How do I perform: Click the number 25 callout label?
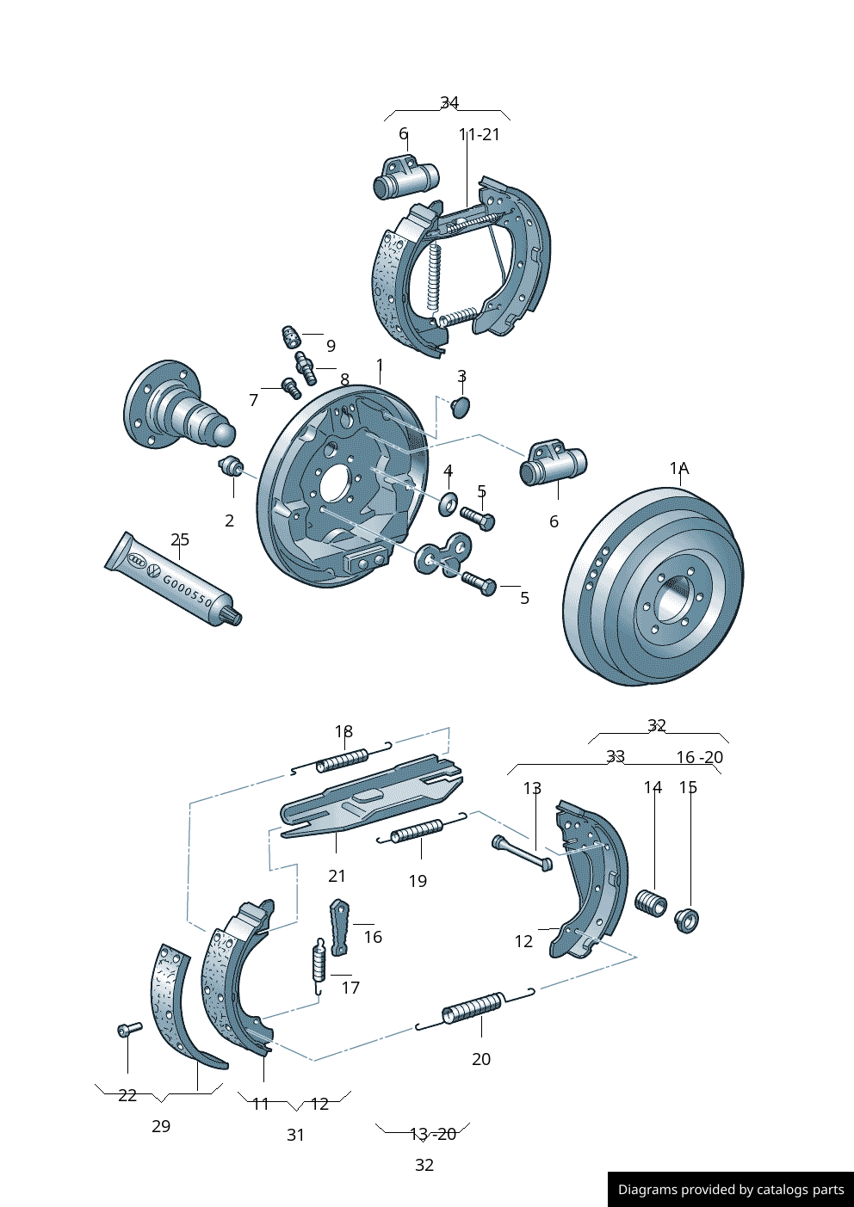click(179, 539)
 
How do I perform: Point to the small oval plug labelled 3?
click(461, 406)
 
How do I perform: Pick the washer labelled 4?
click(448, 503)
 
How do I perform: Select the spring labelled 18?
click(342, 760)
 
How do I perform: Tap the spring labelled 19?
click(418, 830)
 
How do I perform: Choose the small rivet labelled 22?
click(129, 1028)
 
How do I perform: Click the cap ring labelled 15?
click(687, 919)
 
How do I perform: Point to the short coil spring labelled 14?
click(651, 903)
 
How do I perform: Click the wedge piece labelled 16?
click(338, 927)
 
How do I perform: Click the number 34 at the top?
click(449, 102)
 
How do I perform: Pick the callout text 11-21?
click(479, 134)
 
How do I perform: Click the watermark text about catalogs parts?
click(731, 1190)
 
